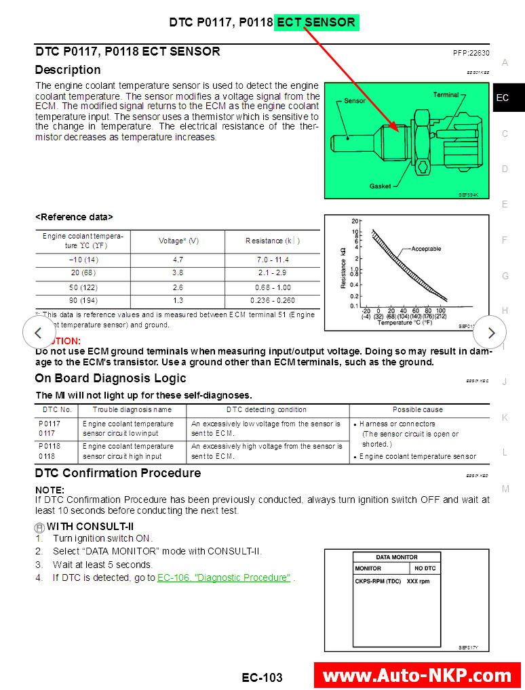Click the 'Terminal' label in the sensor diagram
pyautogui.click(x=446, y=95)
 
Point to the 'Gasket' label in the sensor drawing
pyautogui.click(x=380, y=186)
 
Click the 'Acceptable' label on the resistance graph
pyautogui.click(x=426, y=249)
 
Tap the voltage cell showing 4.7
pyautogui.click(x=177, y=260)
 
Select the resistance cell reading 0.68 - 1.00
pyautogui.click(x=272, y=287)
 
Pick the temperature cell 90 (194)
pyautogui.click(x=83, y=300)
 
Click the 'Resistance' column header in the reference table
pyautogui.click(x=272, y=241)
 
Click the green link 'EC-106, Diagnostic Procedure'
pyautogui.click(x=224, y=577)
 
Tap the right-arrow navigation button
pyautogui.click(x=491, y=333)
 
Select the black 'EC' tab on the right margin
pyautogui.click(x=503, y=98)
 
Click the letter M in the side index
pyautogui.click(x=505, y=489)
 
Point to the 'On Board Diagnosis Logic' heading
pyautogui.click(x=111, y=378)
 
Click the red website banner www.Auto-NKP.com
pyautogui.click(x=417, y=675)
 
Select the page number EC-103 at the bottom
pyautogui.click(x=262, y=677)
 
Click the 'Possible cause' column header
pyautogui.click(x=418, y=409)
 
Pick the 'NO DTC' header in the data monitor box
pyautogui.click(x=425, y=568)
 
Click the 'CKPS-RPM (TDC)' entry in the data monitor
pyautogui.click(x=377, y=581)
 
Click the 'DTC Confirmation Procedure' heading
pyautogui.click(x=118, y=473)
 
